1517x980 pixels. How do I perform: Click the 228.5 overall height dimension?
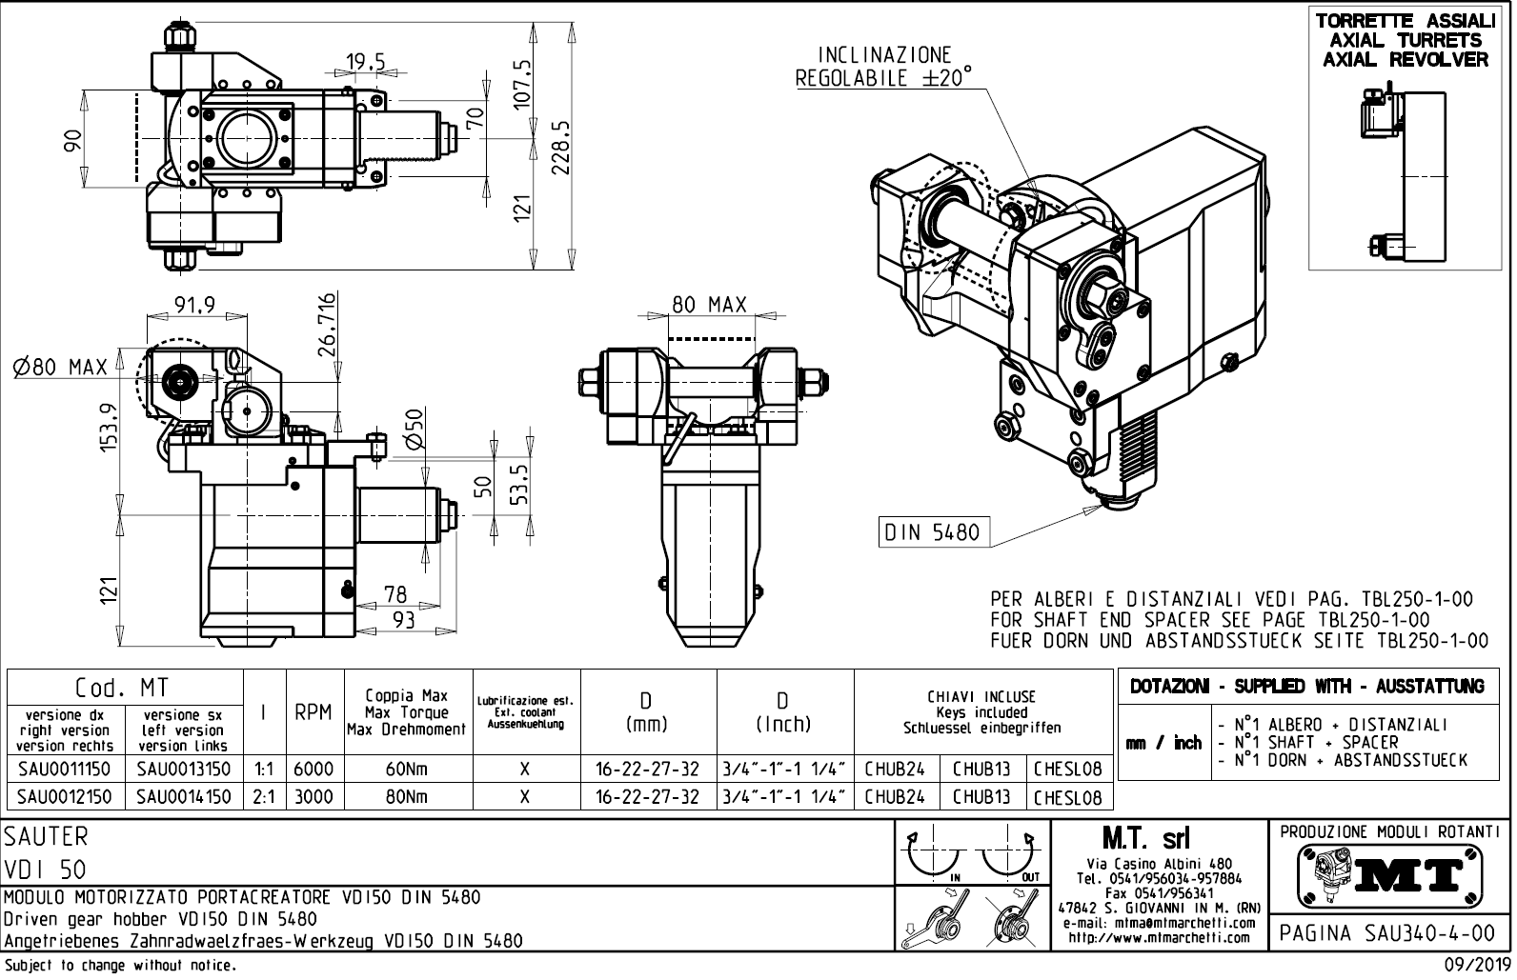561,147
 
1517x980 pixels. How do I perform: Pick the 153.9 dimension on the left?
110,430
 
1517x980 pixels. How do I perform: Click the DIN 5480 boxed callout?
932,532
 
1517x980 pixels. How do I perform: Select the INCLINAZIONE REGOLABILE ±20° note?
884,67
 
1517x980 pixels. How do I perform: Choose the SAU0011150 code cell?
65,769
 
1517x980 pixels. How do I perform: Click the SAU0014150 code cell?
184,796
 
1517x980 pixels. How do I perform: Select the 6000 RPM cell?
313,769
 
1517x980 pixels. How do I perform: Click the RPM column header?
313,712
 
